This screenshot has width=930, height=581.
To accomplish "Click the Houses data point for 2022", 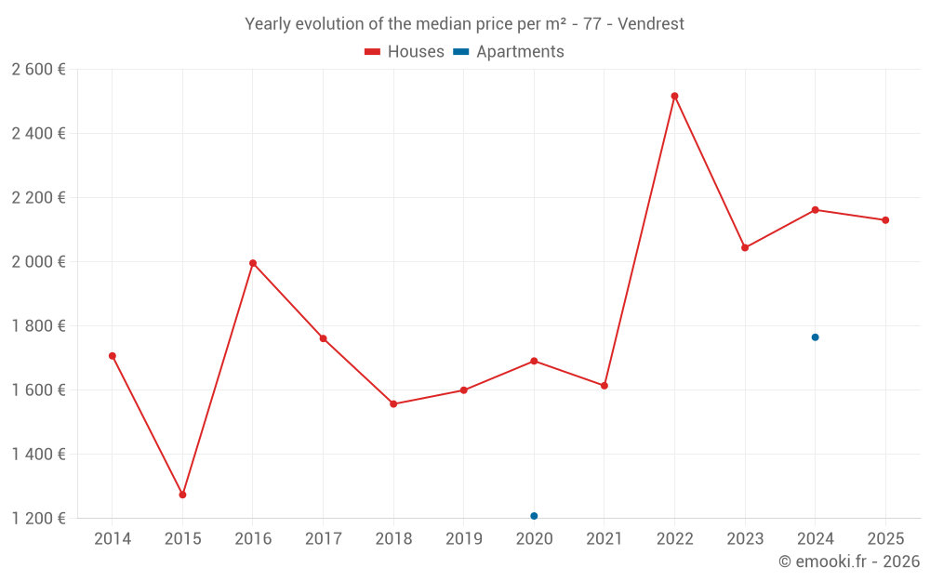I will point(674,96).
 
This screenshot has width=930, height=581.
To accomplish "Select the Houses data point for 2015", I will point(182,495).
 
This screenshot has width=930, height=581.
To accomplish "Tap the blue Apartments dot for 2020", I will point(534,516).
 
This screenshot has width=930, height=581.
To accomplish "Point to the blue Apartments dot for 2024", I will point(815,337).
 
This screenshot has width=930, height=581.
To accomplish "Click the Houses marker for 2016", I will point(253,263).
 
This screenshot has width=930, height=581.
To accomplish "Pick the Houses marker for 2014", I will point(113,356).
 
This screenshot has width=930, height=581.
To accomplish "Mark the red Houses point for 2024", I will point(815,210).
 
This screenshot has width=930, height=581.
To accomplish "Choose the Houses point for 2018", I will point(393,404).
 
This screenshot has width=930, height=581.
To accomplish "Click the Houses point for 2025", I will point(885,220).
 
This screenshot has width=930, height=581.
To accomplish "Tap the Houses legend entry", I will point(405,52).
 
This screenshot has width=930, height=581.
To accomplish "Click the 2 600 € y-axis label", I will point(38,69).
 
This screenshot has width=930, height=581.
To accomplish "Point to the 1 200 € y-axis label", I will point(38,518).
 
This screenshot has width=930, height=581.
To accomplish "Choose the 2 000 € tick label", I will point(38,261).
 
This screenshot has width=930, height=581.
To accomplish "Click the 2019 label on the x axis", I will point(463,539).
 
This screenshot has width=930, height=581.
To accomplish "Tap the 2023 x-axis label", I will point(744,539).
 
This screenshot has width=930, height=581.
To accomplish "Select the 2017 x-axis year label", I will point(323,539).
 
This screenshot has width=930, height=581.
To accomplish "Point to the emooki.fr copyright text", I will point(848,561).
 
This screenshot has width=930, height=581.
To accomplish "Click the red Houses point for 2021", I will point(604,385).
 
